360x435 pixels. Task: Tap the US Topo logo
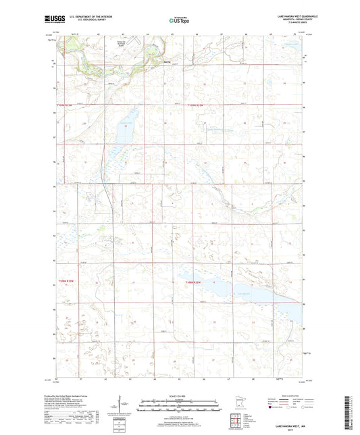179,22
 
